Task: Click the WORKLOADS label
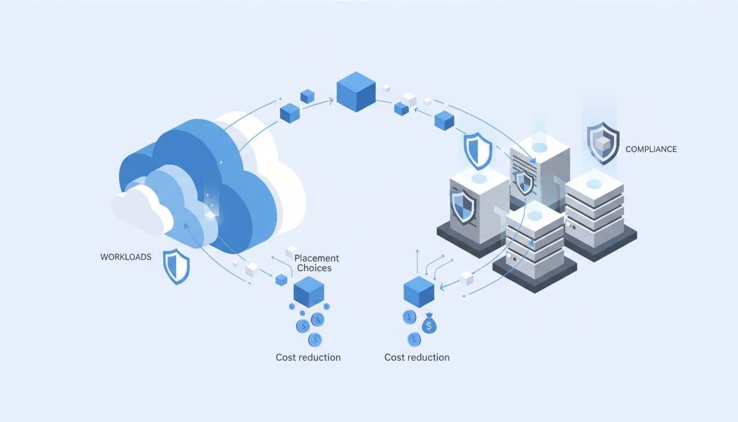point(126,257)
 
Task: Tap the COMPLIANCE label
point(651,149)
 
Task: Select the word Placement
point(317,258)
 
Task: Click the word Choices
point(313,268)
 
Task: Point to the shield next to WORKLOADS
point(176,266)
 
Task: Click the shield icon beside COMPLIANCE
point(602,143)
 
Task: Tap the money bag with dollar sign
point(429,325)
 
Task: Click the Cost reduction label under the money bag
point(417,357)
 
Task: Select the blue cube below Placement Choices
point(309,291)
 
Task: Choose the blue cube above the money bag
point(419,291)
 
